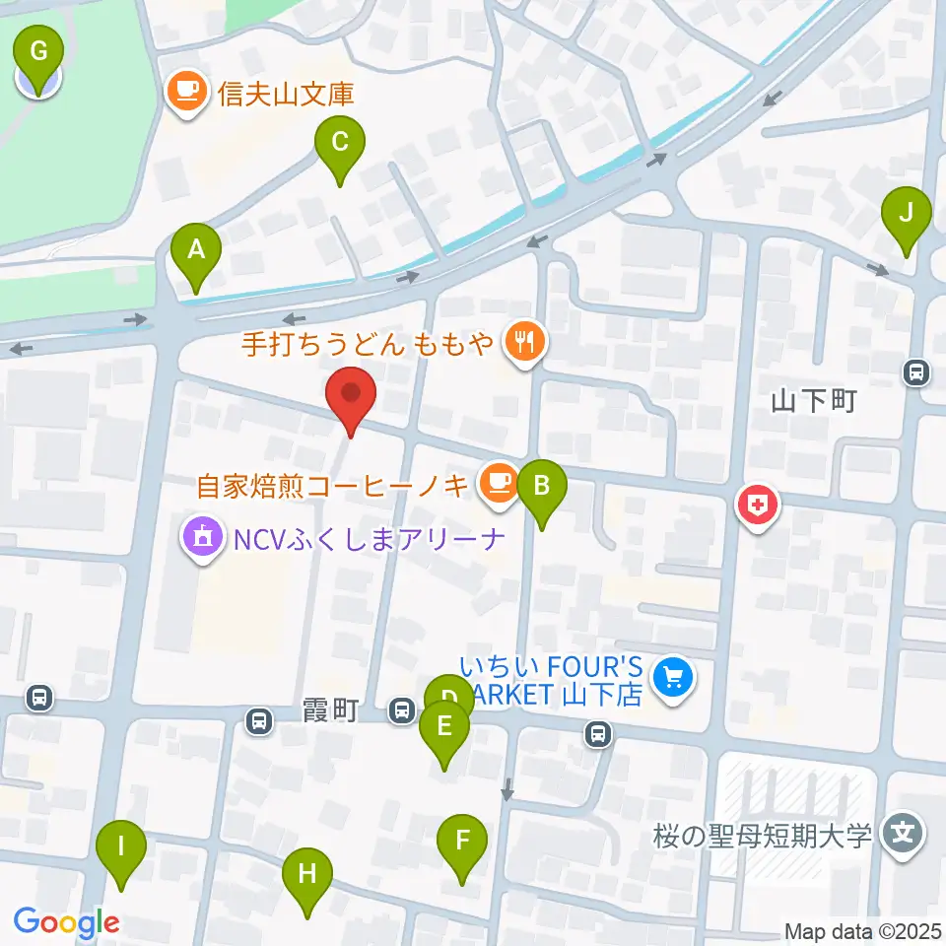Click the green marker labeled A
click(x=196, y=250)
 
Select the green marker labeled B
click(x=540, y=486)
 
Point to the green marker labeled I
click(x=121, y=846)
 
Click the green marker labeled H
click(x=307, y=874)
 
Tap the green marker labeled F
click(x=462, y=842)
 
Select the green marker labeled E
click(x=443, y=728)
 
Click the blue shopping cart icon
click(x=674, y=679)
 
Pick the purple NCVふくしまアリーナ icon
click(x=203, y=538)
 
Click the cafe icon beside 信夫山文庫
click(x=186, y=93)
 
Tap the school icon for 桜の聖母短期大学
click(x=902, y=833)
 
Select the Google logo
click(x=66, y=921)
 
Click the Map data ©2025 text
click(x=861, y=930)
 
